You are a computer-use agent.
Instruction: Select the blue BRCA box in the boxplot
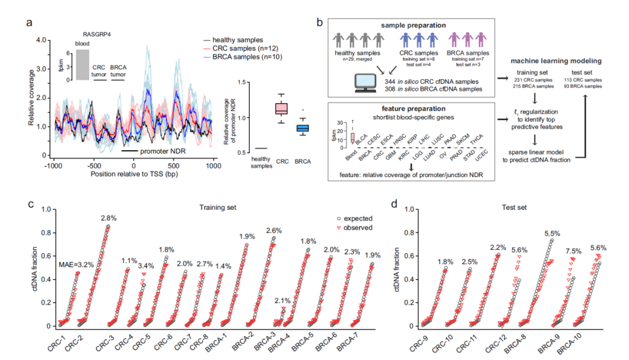tap(303, 128)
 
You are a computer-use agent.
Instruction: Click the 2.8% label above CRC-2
tap(108, 218)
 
